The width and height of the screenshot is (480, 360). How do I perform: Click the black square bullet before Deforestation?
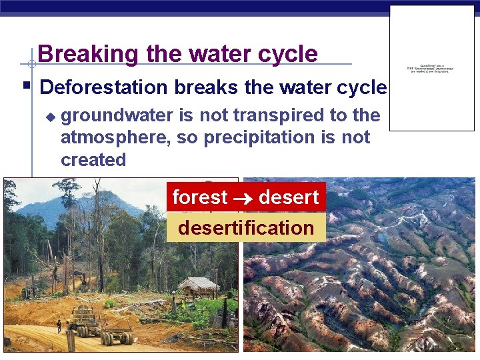(x=26, y=86)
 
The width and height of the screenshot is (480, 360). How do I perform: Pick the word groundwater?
(x=119, y=115)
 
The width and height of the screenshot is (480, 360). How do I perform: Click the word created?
(x=93, y=160)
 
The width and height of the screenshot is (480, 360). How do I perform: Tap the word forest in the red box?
(x=200, y=197)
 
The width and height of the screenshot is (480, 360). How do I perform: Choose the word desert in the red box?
(x=289, y=197)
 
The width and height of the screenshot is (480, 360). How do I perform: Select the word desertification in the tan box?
(x=246, y=228)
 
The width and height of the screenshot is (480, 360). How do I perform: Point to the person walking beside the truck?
(x=59, y=326)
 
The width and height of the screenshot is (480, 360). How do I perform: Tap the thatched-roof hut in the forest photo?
(x=199, y=287)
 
